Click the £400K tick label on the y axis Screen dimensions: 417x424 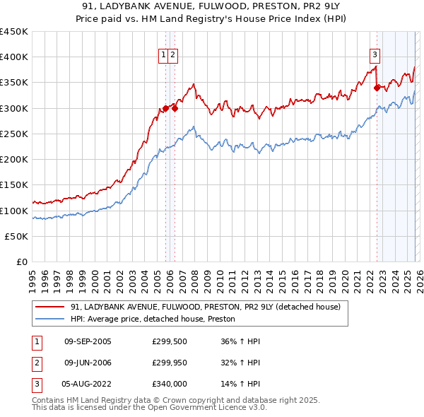click(x=14, y=57)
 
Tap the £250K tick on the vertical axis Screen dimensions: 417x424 click(x=14, y=134)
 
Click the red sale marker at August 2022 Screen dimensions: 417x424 click(x=377, y=88)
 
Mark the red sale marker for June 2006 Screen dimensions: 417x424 click(x=175, y=108)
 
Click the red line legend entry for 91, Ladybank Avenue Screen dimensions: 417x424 click(x=205, y=307)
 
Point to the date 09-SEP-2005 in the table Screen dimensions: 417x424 click(x=88, y=341)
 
